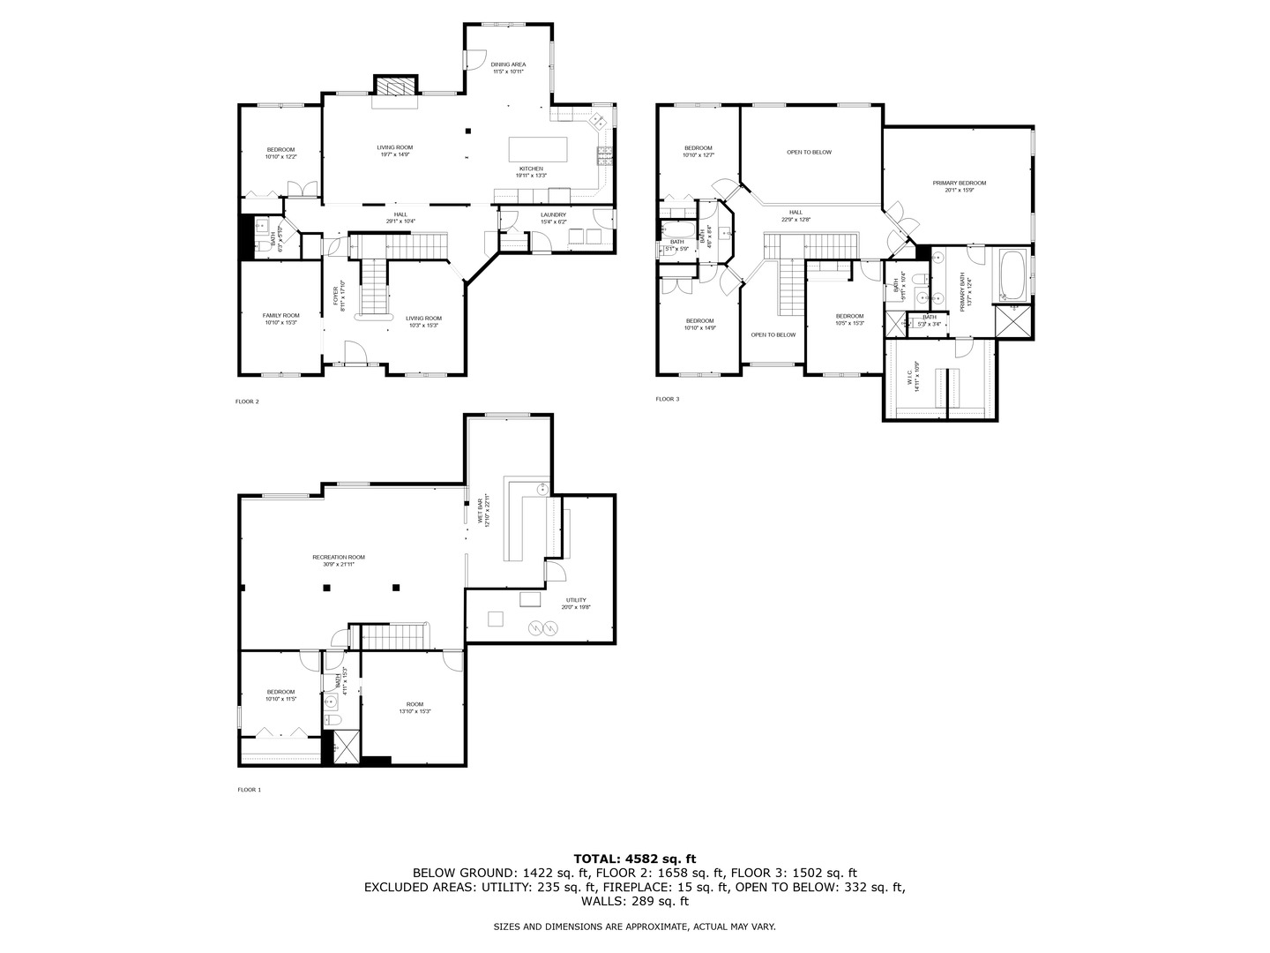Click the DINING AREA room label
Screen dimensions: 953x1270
click(x=508, y=64)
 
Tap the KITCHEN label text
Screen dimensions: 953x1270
click(x=531, y=168)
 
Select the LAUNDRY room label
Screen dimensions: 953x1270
click(x=553, y=214)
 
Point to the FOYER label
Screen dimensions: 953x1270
click(x=335, y=298)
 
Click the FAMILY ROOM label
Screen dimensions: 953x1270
click(x=280, y=315)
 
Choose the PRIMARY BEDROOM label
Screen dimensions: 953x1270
click(x=960, y=183)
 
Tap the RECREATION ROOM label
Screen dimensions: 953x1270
click(x=338, y=557)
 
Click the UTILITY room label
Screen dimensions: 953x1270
click(x=575, y=600)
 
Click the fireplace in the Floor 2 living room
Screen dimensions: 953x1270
click(x=394, y=86)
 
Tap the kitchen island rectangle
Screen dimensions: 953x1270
click(x=538, y=146)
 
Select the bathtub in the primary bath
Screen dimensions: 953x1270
click(x=1012, y=275)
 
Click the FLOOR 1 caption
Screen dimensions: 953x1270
click(x=250, y=790)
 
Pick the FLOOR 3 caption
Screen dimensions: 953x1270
click(x=668, y=399)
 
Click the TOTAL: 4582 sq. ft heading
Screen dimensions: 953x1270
click(x=635, y=858)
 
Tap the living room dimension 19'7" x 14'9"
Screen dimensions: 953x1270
click(x=394, y=154)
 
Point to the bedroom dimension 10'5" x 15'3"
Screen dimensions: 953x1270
click(x=849, y=323)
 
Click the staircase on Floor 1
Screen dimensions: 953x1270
click(x=396, y=635)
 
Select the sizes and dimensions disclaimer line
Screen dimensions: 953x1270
click(x=634, y=927)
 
